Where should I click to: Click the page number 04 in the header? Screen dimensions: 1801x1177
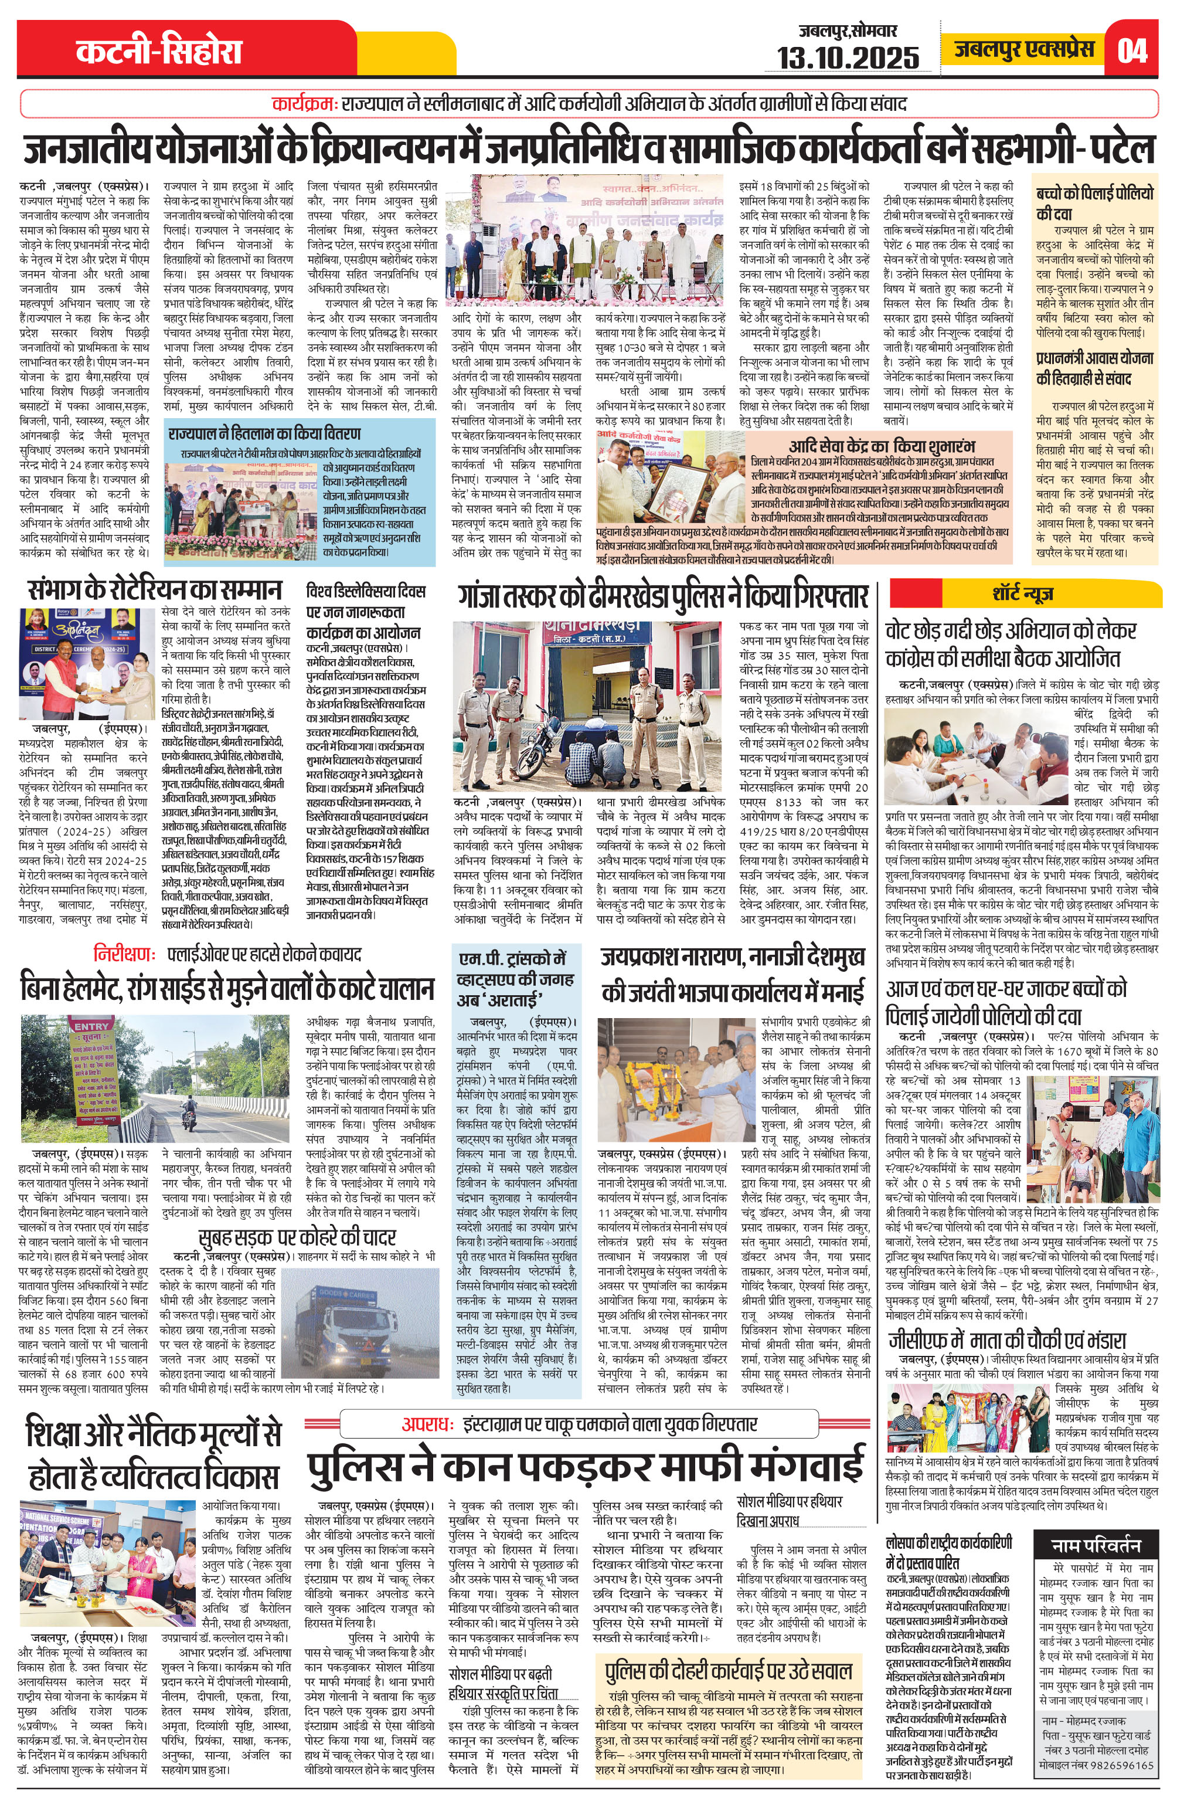click(1132, 50)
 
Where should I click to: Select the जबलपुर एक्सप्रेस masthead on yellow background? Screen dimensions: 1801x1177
click(1023, 49)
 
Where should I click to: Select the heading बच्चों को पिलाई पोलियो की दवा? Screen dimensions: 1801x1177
click(1094, 203)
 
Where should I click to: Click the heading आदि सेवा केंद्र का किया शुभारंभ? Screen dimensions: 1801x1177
click(881, 446)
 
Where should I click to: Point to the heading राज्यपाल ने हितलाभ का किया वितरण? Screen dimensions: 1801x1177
click(265, 433)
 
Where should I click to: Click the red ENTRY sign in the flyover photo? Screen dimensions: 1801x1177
click(91, 1026)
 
